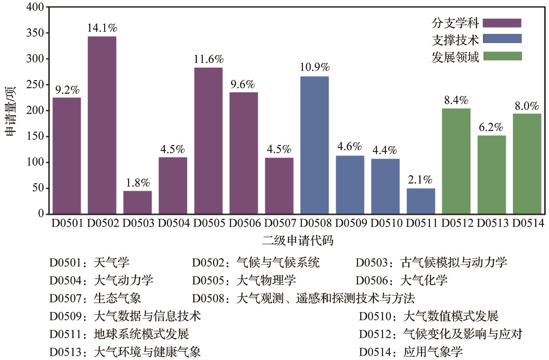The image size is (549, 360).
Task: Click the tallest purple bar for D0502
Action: [102, 125]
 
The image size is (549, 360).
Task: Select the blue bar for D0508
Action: [314, 145]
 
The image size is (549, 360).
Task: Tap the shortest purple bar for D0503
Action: [137, 202]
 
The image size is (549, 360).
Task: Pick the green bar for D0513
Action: [491, 175]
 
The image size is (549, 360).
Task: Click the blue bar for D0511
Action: [421, 201]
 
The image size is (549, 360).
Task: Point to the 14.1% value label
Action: [102, 28]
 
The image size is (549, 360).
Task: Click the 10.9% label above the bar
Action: [314, 67]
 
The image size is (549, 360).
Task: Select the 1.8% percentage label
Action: [137, 183]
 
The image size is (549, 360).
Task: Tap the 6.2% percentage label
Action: [491, 127]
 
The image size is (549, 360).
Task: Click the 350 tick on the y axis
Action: [35, 33]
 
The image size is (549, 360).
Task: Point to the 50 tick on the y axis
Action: [38, 188]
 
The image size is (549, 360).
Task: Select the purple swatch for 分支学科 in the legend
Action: [502, 23]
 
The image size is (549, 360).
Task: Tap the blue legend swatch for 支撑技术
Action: [502, 39]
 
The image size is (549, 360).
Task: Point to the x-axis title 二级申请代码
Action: [298, 240]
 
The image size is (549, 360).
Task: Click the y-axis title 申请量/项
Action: [10, 111]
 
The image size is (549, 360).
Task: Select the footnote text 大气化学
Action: [424, 280]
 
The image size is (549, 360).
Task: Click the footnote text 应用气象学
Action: [433, 352]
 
